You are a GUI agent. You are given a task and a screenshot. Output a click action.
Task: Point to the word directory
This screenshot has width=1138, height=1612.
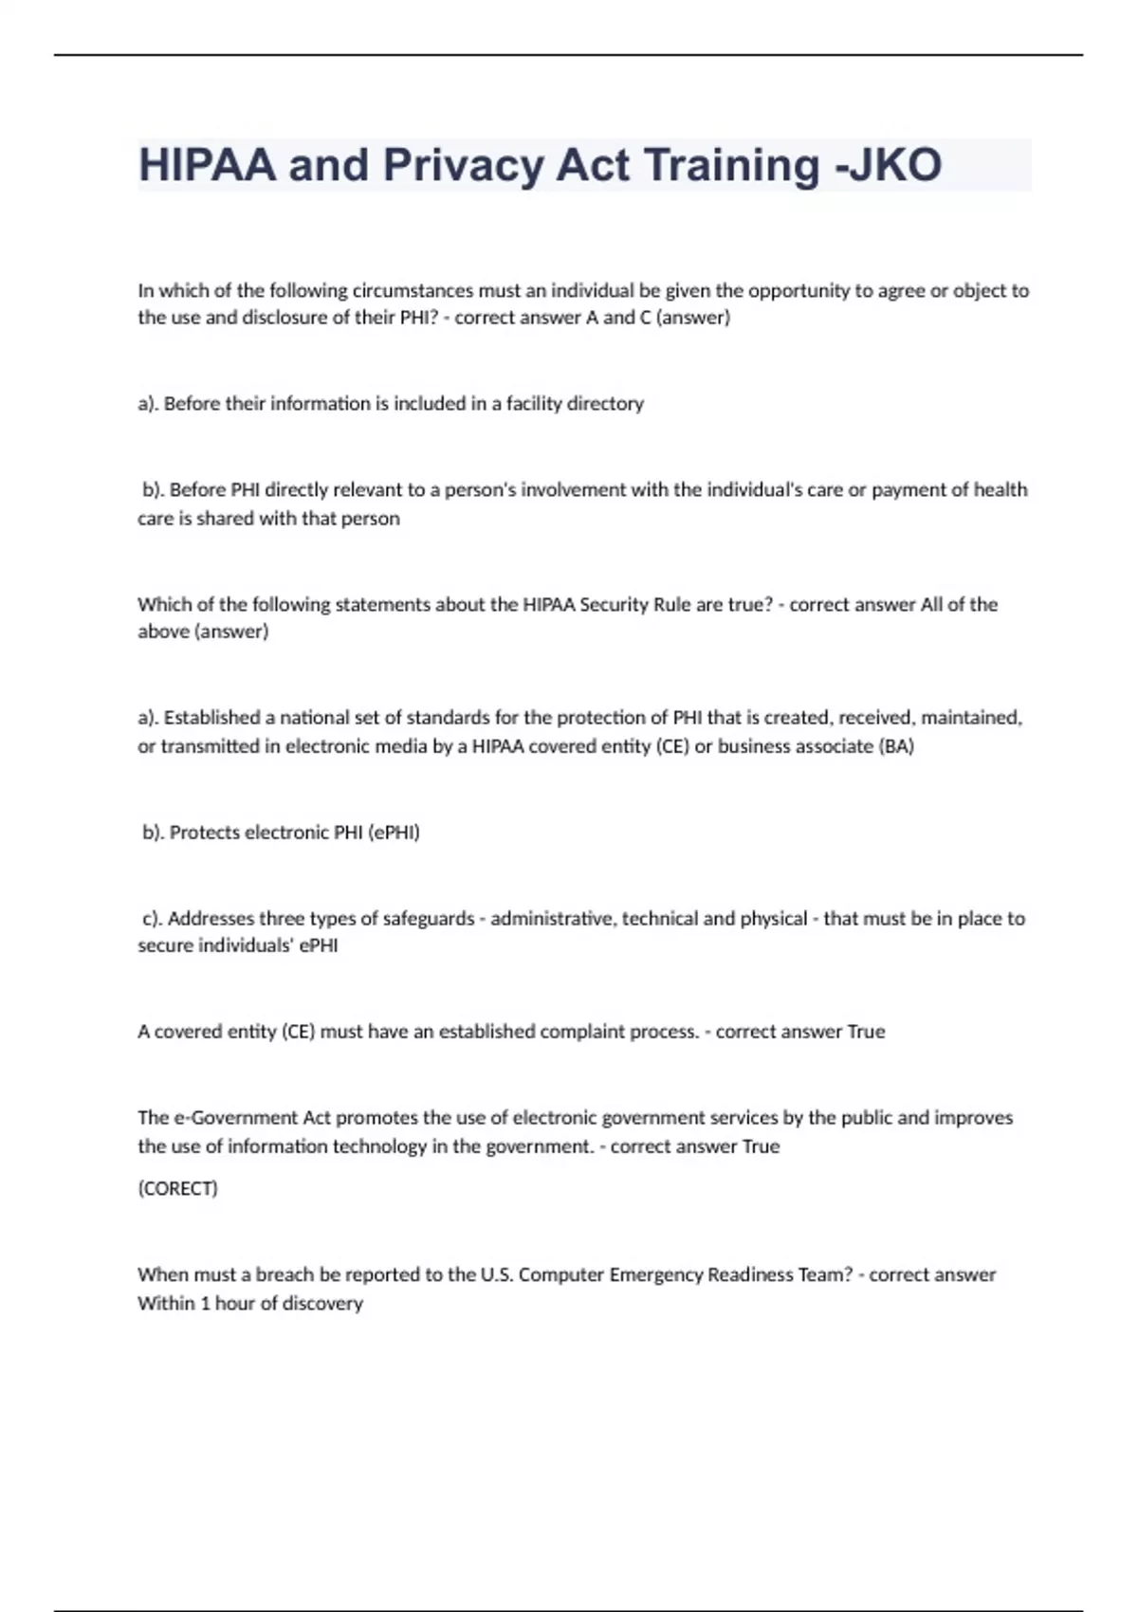(x=605, y=404)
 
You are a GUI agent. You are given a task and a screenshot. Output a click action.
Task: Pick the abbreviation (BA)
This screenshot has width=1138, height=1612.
(x=896, y=746)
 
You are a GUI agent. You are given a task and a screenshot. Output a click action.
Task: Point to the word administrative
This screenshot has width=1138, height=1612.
(x=552, y=918)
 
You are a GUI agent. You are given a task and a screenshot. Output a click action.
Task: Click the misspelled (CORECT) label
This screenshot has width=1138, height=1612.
(x=177, y=1188)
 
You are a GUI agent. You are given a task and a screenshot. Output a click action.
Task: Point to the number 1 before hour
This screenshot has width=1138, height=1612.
(x=204, y=1304)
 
